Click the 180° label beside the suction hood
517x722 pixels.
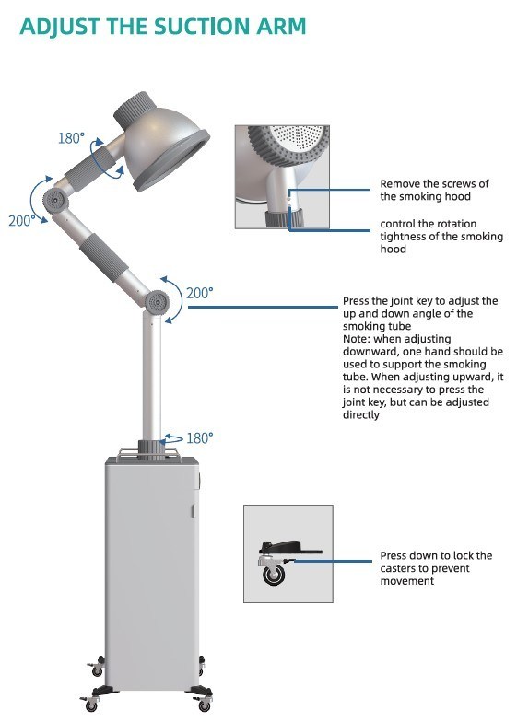point(72,138)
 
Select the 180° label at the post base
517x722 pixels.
point(199,438)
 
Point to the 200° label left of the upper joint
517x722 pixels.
point(22,221)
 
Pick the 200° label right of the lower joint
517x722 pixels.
point(200,293)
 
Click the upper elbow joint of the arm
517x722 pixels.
point(56,200)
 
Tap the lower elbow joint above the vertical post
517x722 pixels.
point(157,302)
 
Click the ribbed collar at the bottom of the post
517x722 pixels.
point(152,449)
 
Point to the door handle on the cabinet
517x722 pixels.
point(194,510)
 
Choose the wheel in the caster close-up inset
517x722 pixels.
point(274,575)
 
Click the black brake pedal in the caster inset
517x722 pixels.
point(290,548)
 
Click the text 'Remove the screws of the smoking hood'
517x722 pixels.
point(434,190)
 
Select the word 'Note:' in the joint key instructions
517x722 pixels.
point(356,339)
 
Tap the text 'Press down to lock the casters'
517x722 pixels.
point(436,562)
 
